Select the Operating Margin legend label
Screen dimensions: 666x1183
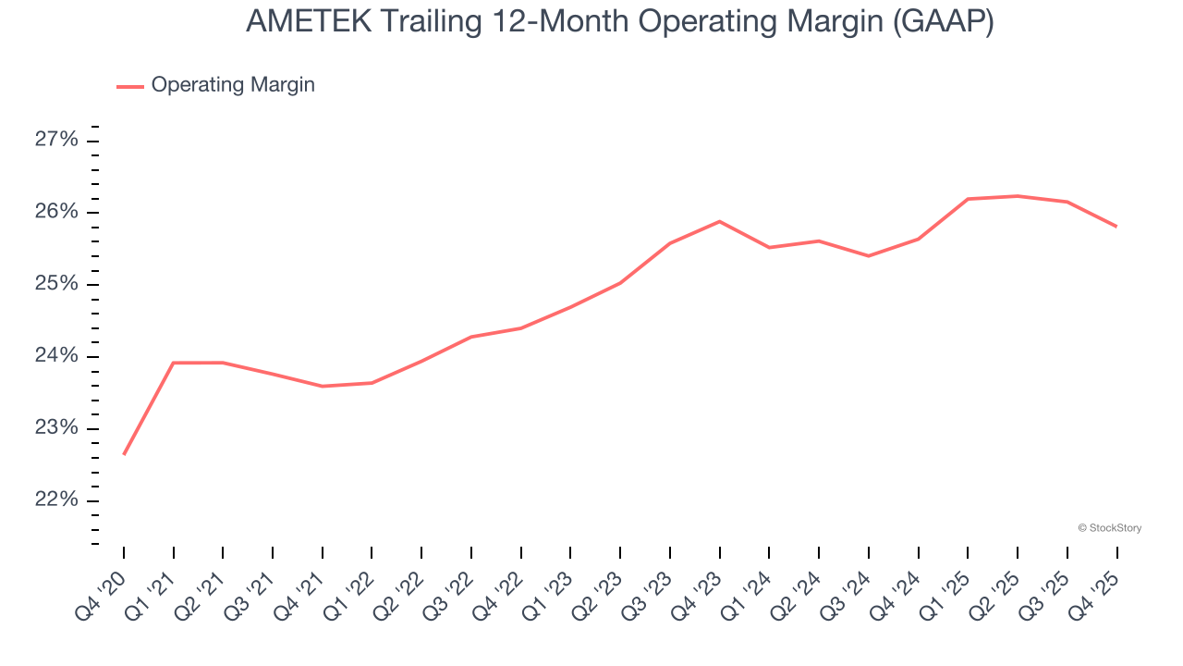(233, 85)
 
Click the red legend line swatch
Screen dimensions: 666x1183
(129, 86)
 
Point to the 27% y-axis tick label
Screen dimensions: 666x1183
(56, 141)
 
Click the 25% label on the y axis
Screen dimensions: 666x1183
(56, 284)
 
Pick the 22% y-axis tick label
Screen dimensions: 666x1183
(56, 500)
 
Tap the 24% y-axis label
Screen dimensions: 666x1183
(56, 357)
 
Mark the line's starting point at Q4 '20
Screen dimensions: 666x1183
(124, 454)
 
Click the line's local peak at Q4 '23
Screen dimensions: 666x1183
(719, 221)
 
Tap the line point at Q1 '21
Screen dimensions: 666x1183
(174, 363)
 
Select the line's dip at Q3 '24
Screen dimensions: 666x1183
(869, 256)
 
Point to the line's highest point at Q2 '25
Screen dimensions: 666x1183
(1018, 196)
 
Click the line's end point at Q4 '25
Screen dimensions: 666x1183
(1116, 226)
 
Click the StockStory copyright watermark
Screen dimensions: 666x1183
(1109, 528)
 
